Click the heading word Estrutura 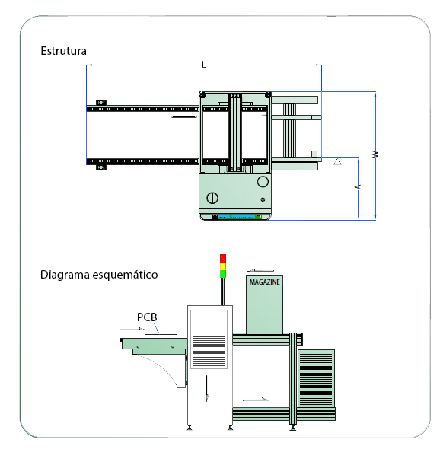pyautogui.click(x=64, y=51)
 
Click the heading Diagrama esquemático pyautogui.click(x=99, y=275)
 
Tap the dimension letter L pyautogui.click(x=203, y=65)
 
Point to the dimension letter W pyautogui.click(x=375, y=154)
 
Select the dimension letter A pyautogui.click(x=358, y=187)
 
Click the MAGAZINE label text pyautogui.click(x=265, y=282)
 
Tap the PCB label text pyautogui.click(x=147, y=317)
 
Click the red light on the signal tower pyautogui.click(x=223, y=258)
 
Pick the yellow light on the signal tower pyautogui.click(x=223, y=266)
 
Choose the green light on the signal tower pyautogui.click(x=223, y=274)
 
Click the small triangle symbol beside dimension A pyautogui.click(x=338, y=162)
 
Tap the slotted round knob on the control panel pyautogui.click(x=212, y=198)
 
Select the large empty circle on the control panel pyautogui.click(x=263, y=182)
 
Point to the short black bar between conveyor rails pyautogui.click(x=184, y=117)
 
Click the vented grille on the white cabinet pyautogui.click(x=209, y=351)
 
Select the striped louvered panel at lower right pyautogui.click(x=316, y=379)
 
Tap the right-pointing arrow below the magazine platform pyautogui.click(x=256, y=400)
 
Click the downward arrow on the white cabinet pyautogui.click(x=207, y=389)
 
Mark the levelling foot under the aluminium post pyautogui.click(x=292, y=428)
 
